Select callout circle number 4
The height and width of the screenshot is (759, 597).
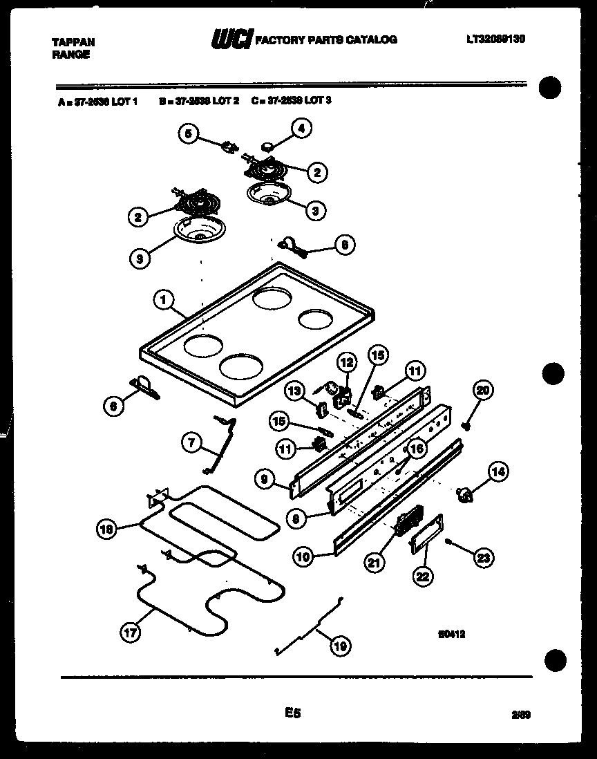point(301,127)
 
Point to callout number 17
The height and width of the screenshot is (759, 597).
point(128,631)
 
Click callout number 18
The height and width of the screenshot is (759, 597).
point(106,530)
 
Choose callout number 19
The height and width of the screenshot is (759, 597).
point(339,646)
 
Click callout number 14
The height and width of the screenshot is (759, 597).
point(497,472)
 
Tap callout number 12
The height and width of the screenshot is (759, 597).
point(346,362)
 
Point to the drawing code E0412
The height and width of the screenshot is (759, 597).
point(451,631)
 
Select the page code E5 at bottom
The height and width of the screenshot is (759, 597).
point(293,712)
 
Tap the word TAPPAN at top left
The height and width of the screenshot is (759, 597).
point(74,42)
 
